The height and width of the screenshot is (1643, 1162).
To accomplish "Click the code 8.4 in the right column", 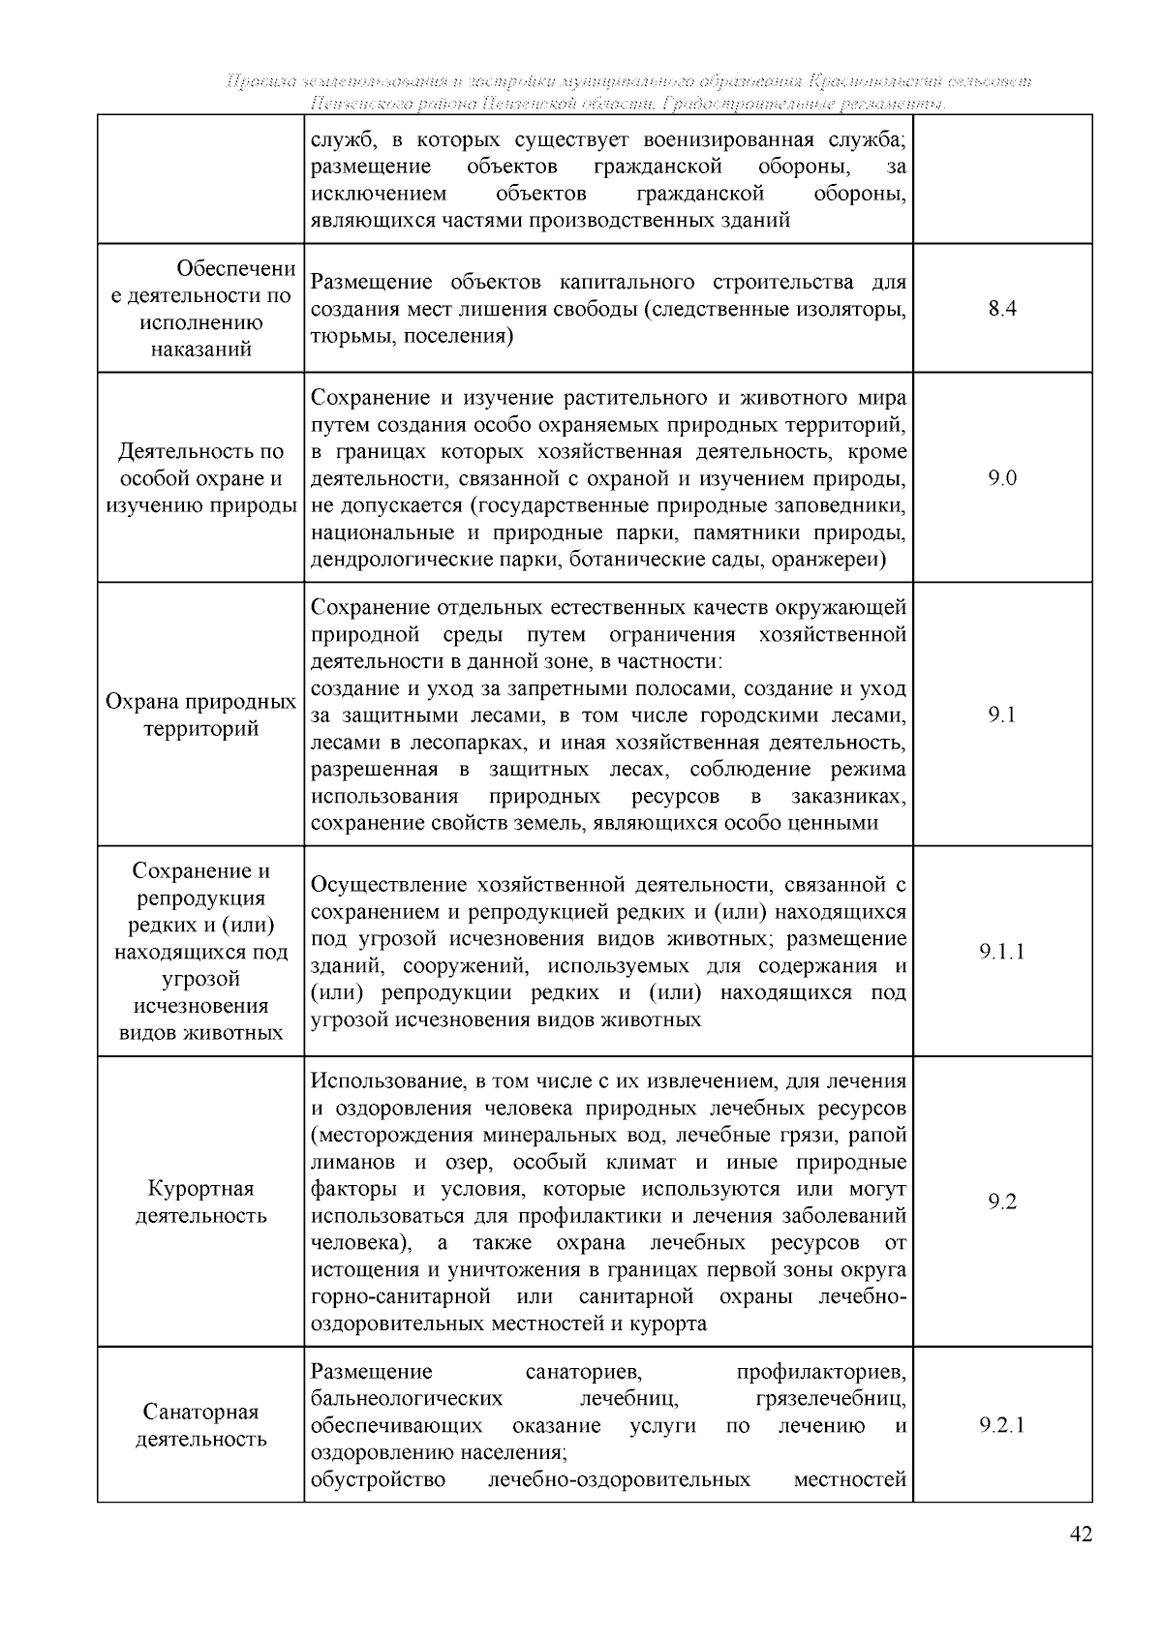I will [x=1002, y=310].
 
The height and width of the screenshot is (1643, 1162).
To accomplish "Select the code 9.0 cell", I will [x=1002, y=478].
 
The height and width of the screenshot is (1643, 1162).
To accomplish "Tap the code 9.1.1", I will [x=1002, y=952].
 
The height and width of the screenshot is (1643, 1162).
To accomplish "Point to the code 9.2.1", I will [x=1002, y=1425].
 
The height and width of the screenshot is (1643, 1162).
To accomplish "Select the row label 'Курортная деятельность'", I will [x=200, y=1202].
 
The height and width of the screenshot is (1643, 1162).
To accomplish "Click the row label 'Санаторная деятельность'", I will [x=200, y=1425].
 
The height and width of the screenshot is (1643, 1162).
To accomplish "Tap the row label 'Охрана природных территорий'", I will [x=200, y=715].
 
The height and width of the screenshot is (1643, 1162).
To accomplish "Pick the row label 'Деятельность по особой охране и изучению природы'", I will [x=200, y=478].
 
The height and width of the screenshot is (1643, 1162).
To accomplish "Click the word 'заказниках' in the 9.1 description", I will [x=848, y=797].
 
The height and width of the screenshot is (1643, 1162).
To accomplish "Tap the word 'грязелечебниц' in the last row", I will [x=831, y=1399].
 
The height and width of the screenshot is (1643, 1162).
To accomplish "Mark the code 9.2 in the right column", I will [x=1002, y=1202].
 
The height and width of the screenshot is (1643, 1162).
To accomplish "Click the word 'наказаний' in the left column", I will [x=200, y=350].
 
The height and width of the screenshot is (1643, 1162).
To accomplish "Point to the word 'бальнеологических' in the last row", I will [x=407, y=1399].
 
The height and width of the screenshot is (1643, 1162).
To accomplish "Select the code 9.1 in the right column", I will [x=1002, y=715].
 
